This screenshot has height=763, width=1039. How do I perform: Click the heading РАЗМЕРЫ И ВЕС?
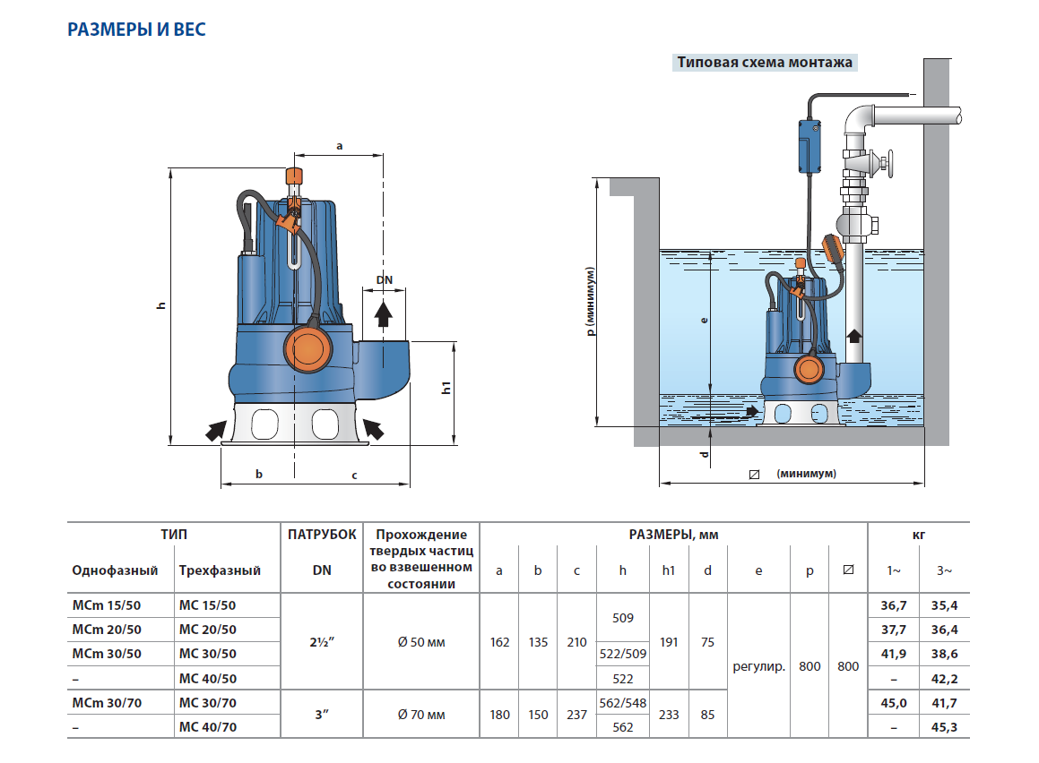tap(137, 30)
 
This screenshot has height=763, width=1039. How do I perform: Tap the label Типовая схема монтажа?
tap(765, 63)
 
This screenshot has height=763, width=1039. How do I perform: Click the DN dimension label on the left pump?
tap(384, 280)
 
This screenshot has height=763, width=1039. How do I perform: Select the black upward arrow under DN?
tap(383, 313)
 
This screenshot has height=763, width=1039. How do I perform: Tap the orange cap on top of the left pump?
tap(292, 176)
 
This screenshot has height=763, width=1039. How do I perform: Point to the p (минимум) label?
tap(591, 301)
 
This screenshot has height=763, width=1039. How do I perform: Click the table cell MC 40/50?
tap(207, 679)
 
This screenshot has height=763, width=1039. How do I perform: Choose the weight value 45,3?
tap(944, 727)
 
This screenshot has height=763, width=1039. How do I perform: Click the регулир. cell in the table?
tap(758, 666)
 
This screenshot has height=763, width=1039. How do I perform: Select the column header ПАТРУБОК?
tap(322, 535)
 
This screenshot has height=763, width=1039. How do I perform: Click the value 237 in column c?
tap(577, 715)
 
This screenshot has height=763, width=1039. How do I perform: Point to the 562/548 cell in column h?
tap(622, 703)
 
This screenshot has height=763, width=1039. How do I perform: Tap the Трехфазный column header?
tap(220, 570)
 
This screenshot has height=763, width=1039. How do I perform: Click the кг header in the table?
tap(918, 535)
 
